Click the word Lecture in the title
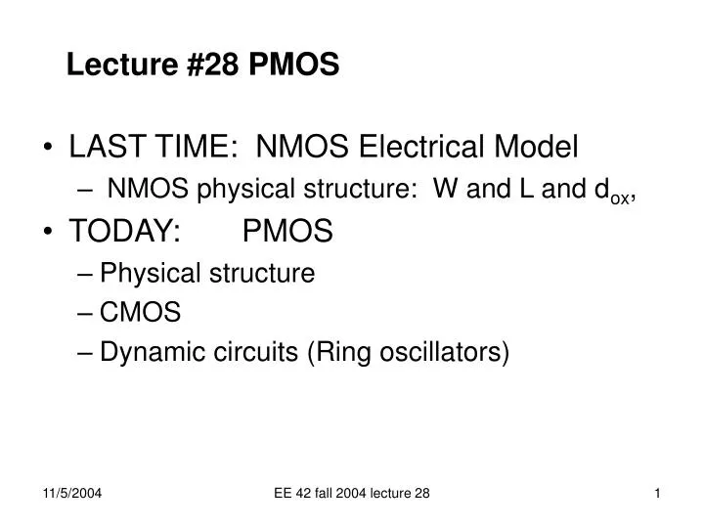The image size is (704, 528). point(108,66)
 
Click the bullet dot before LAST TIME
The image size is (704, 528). point(50,150)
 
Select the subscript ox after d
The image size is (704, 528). point(620,197)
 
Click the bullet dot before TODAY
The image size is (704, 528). point(50,233)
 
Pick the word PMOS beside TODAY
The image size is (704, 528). point(287,232)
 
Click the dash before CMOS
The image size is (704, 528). point(83,312)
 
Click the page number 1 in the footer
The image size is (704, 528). point(658,495)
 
